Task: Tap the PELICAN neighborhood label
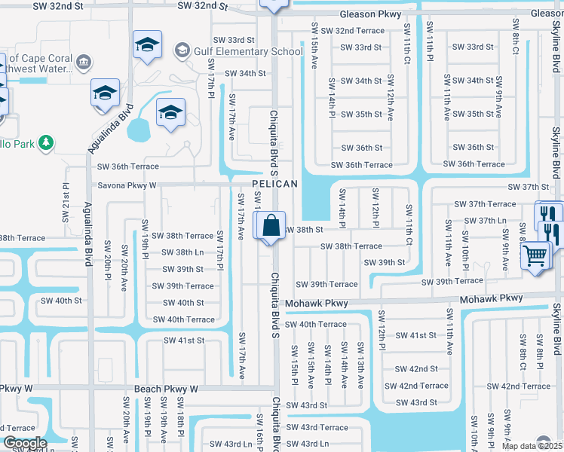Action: click(x=274, y=184)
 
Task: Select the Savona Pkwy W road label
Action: click(x=127, y=185)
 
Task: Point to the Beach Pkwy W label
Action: click(x=166, y=389)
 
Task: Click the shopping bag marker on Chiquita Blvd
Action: click(x=270, y=224)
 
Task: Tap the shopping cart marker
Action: click(x=535, y=255)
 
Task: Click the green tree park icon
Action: click(x=46, y=142)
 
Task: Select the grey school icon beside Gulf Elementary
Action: click(x=182, y=51)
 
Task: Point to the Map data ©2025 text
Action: click(x=532, y=446)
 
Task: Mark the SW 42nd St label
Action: click(x=416, y=368)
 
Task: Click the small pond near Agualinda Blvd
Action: click(x=139, y=130)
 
